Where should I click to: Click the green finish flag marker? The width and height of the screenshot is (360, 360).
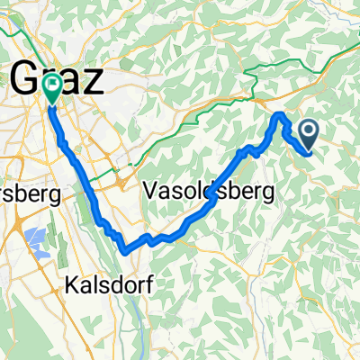point(52,88)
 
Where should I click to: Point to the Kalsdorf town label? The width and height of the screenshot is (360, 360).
point(109,285)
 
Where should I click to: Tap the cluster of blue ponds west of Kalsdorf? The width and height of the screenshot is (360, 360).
point(34,239)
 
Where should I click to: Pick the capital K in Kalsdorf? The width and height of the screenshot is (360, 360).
point(73,285)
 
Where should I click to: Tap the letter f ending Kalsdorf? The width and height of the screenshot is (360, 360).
point(148,285)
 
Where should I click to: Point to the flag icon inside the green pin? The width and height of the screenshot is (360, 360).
point(52,86)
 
